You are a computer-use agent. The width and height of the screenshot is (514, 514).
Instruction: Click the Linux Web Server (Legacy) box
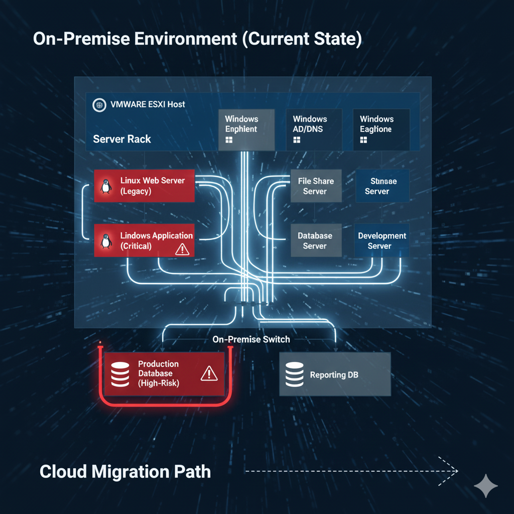(144, 186)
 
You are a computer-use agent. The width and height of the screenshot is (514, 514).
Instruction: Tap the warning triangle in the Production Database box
(208, 373)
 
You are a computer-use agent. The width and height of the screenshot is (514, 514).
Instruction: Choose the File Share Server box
(316, 186)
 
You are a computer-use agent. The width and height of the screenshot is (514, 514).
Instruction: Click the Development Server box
(381, 241)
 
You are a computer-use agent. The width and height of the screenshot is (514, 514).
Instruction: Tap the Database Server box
(316, 241)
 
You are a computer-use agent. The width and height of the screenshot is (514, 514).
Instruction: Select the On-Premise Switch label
(251, 339)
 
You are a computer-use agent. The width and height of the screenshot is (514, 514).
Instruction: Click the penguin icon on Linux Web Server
(105, 186)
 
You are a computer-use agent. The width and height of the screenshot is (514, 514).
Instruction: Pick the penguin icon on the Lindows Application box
(105, 241)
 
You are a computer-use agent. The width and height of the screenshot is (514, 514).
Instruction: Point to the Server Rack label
(122, 139)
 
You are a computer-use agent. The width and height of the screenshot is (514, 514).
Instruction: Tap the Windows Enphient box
(246, 130)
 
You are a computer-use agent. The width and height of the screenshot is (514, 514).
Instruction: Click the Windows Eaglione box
(381, 130)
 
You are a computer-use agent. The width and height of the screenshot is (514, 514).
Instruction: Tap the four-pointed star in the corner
(485, 485)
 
